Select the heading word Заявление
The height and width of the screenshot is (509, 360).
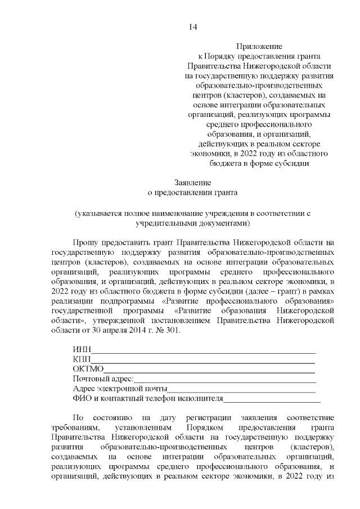[x=193, y=182]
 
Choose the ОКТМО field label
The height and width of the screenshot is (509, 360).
[x=88, y=369]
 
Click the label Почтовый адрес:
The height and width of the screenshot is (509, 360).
[x=103, y=379]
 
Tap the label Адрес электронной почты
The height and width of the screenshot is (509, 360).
[x=120, y=389]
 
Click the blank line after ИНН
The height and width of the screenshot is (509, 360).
[x=202, y=350]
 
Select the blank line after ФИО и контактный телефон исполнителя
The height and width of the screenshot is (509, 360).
[x=272, y=399]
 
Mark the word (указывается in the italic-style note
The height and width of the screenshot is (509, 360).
[x=99, y=213]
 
